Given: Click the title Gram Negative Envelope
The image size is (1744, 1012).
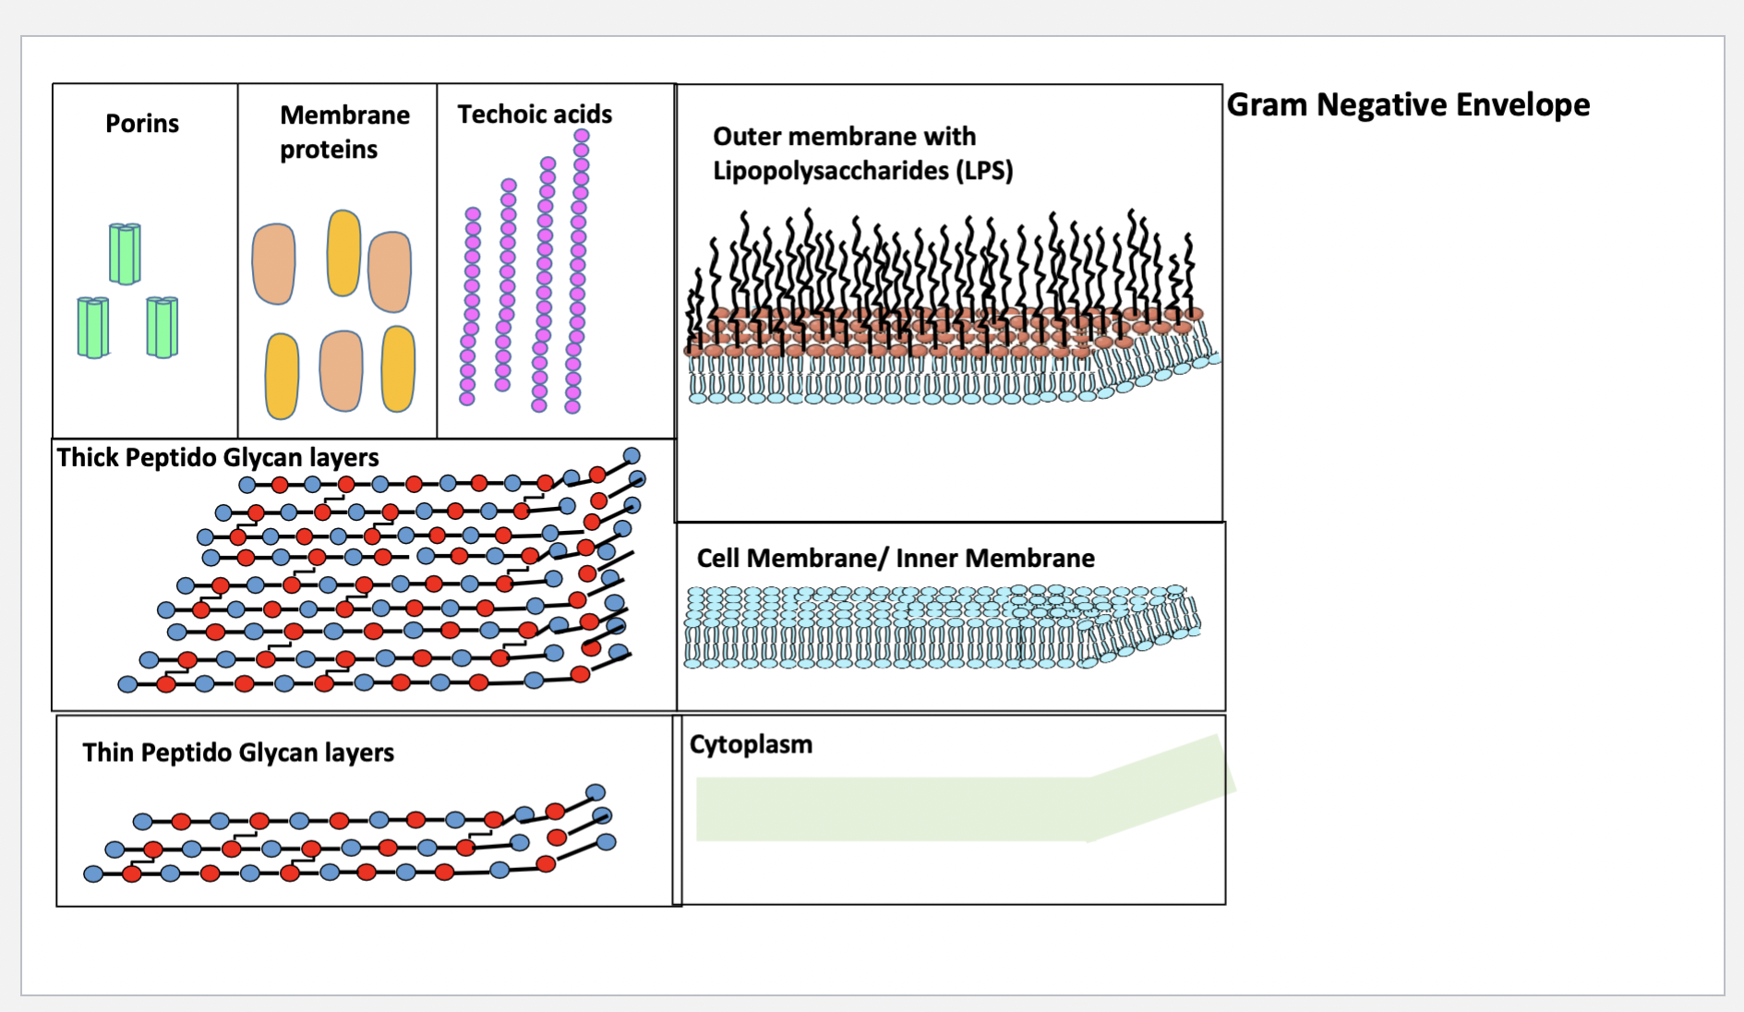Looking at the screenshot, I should pyautogui.click(x=1407, y=105).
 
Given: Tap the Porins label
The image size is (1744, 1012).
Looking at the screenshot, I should pyautogui.click(x=141, y=124).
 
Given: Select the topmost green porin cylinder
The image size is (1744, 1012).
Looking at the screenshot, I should pyautogui.click(x=125, y=253).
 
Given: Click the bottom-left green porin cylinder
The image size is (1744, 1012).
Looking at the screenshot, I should pyautogui.click(x=92, y=327).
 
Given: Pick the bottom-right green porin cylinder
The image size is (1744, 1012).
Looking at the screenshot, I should pyautogui.click(x=162, y=327).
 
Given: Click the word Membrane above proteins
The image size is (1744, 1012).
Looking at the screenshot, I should pyautogui.click(x=344, y=115).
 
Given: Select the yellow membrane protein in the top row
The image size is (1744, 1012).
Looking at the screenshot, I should pyautogui.click(x=343, y=253).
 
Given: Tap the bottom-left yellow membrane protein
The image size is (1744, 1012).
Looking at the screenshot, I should pyautogui.click(x=282, y=376).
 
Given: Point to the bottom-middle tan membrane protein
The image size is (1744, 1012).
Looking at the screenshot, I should pyautogui.click(x=341, y=370).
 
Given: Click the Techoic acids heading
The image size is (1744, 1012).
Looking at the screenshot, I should pyautogui.click(x=535, y=114).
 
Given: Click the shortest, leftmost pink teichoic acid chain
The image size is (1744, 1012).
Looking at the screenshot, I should pyautogui.click(x=470, y=305).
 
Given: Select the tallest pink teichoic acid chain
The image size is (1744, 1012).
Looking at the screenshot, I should pyautogui.click(x=578, y=268).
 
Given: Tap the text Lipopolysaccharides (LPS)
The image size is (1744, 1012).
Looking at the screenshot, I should pyautogui.click(x=862, y=171).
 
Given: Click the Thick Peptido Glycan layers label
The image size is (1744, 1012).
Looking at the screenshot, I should pyautogui.click(x=218, y=458).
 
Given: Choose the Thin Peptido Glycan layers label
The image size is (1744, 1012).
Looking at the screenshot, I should pyautogui.click(x=238, y=753).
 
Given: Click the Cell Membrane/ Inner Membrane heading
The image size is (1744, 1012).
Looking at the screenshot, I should pyautogui.click(x=895, y=559).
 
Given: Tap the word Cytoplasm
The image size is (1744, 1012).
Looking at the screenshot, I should pyautogui.click(x=751, y=744).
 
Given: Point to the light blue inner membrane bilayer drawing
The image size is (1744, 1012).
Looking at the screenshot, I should pyautogui.click(x=923, y=628).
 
